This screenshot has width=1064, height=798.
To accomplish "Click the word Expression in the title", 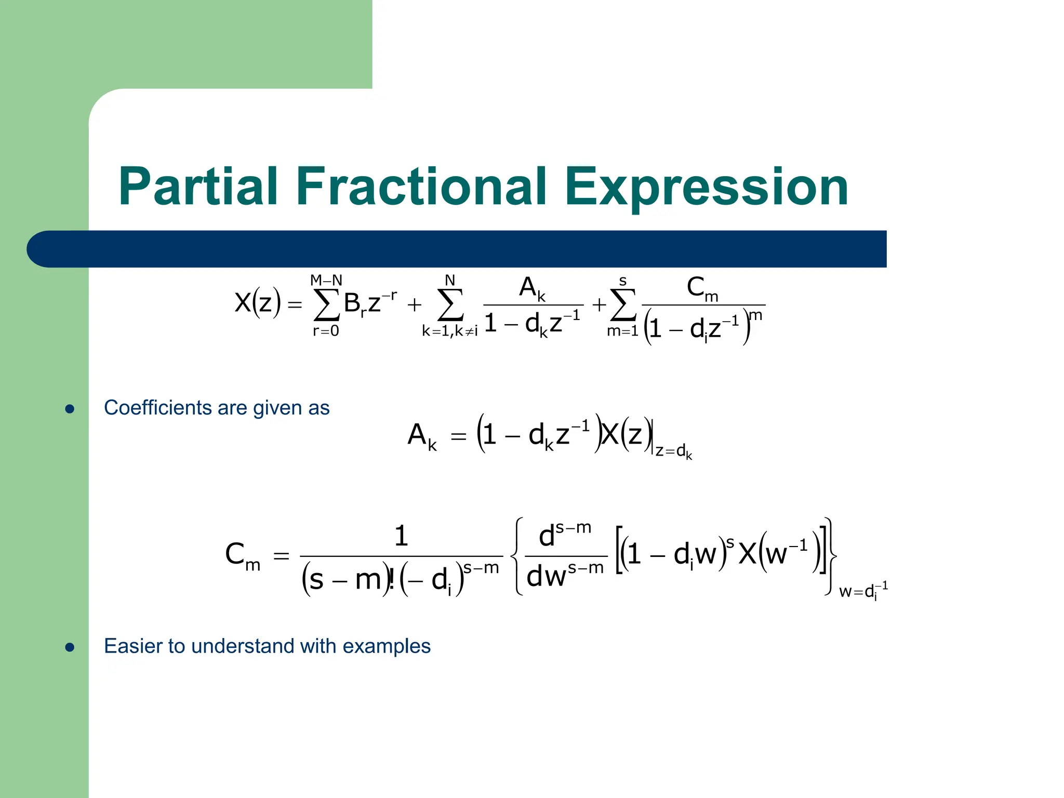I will [706, 187].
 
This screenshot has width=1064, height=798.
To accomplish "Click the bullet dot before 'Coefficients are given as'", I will [70, 409].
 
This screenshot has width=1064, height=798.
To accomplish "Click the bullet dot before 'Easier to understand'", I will [70, 647].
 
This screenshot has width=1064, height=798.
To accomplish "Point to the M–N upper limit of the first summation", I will [326, 281].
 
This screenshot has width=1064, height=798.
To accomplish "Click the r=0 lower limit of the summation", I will [326, 331].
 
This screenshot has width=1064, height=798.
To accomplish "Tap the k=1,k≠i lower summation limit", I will [449, 331].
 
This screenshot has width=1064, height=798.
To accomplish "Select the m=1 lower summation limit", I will [622, 331].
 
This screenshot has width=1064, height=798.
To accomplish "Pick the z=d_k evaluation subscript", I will [674, 451].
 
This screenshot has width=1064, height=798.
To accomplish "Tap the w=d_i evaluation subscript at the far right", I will [863, 591].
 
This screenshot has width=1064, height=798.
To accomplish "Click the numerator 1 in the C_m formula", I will [401, 536].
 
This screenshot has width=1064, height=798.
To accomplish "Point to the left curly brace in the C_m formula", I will [516, 556].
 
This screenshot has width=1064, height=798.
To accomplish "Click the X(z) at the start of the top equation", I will [257, 302].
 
